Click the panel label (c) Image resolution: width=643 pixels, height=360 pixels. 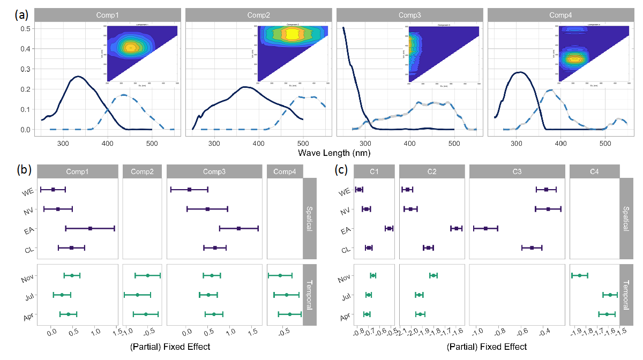(x=342, y=170)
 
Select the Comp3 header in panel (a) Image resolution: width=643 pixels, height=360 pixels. (x=410, y=15)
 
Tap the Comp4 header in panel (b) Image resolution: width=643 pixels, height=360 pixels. (x=285, y=171)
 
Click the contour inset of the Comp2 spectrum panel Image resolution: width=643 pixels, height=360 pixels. (x=290, y=52)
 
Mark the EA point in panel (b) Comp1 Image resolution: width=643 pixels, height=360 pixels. (x=90, y=228)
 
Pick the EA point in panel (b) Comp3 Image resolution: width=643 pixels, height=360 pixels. (x=238, y=228)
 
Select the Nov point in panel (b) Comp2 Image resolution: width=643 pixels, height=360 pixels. (x=147, y=275)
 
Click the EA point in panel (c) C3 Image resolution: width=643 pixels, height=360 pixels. (x=485, y=228)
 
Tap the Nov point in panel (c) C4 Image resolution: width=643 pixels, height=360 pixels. (x=580, y=275)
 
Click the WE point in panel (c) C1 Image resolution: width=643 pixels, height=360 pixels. (x=359, y=189)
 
